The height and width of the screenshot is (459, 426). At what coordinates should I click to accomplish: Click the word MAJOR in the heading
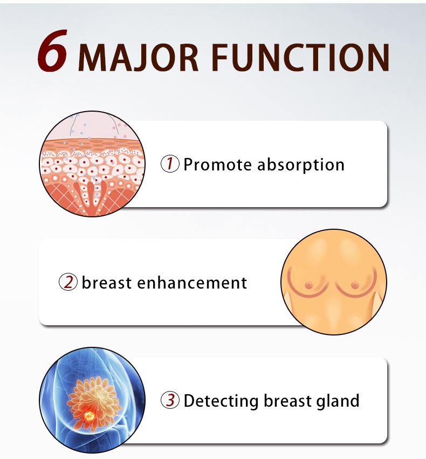[x=139, y=58]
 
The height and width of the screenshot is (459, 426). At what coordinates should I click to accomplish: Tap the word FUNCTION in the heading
[x=300, y=57]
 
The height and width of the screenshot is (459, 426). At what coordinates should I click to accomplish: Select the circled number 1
[x=170, y=163]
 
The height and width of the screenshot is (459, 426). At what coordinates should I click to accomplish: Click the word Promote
[x=217, y=165]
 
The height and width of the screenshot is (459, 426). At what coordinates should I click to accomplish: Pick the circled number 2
[x=68, y=282]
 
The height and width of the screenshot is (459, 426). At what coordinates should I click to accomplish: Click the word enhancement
[x=192, y=283]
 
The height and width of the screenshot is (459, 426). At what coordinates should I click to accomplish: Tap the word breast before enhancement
[x=107, y=283]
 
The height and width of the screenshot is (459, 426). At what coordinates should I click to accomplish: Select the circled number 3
[x=170, y=400]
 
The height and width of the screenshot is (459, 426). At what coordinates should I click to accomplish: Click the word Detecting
[x=221, y=401]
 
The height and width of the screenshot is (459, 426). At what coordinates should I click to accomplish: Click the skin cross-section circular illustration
[x=92, y=164]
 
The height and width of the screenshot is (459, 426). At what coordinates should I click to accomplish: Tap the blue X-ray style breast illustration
[x=92, y=400]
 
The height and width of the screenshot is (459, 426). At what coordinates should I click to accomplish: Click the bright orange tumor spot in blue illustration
[x=89, y=416]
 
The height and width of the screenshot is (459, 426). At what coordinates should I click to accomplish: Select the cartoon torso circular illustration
[x=334, y=282]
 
